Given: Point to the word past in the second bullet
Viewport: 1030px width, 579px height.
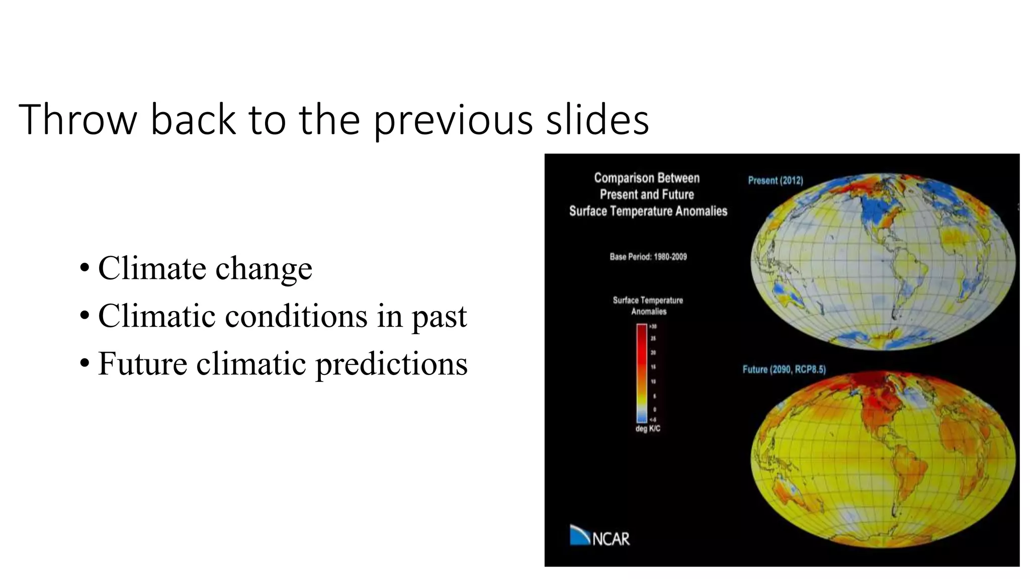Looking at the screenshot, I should coord(439,317).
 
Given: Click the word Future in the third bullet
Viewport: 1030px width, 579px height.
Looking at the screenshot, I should coord(142,363).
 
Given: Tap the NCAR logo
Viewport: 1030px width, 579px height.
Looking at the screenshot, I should coord(599,536).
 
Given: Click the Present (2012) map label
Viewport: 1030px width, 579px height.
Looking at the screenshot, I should coord(775,180).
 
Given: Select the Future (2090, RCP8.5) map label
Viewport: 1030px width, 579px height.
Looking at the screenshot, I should coord(784,369).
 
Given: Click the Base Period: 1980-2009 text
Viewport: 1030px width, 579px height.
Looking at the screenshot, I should coord(648,257).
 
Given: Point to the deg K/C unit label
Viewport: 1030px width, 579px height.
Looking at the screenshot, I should coord(647,429).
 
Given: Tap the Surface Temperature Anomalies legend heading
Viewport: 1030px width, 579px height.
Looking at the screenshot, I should coord(648,306).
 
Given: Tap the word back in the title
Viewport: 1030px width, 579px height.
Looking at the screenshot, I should coord(193,120).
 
